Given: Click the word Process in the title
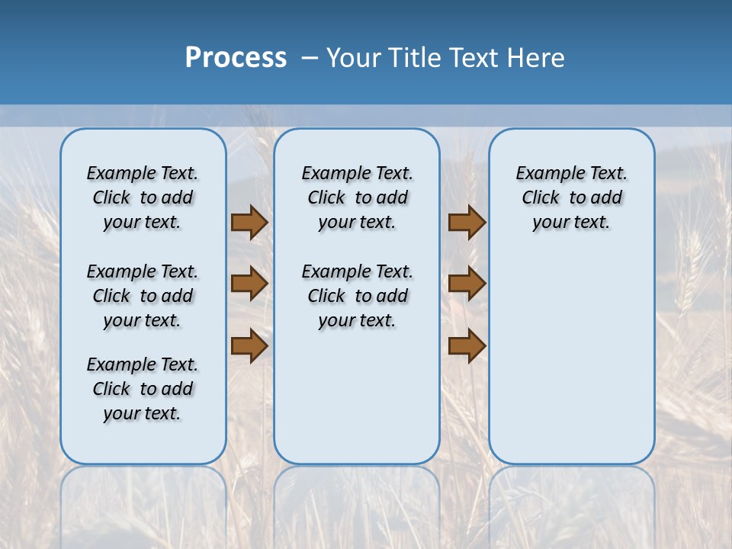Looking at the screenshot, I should click(236, 58).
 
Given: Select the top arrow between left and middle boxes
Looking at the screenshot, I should click(249, 222).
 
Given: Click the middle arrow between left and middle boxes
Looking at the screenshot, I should click(249, 284).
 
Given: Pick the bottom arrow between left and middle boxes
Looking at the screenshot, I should click(249, 345).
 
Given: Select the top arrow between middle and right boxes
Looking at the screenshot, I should click(467, 222).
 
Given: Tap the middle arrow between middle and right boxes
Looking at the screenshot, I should click(467, 284).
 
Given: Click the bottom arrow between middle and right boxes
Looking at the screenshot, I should click(467, 345).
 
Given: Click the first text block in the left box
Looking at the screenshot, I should click(143, 197).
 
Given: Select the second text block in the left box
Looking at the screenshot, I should click(143, 296).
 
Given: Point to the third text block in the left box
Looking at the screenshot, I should click(143, 389).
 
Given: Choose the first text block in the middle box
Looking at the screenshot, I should click(357, 197).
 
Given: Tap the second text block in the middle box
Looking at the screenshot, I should click(357, 296).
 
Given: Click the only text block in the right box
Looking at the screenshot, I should click(571, 197).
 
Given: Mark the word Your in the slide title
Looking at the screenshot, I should click(355, 58).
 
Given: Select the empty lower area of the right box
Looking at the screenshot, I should click(571, 358).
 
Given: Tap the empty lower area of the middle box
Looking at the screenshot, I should click(357, 396).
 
